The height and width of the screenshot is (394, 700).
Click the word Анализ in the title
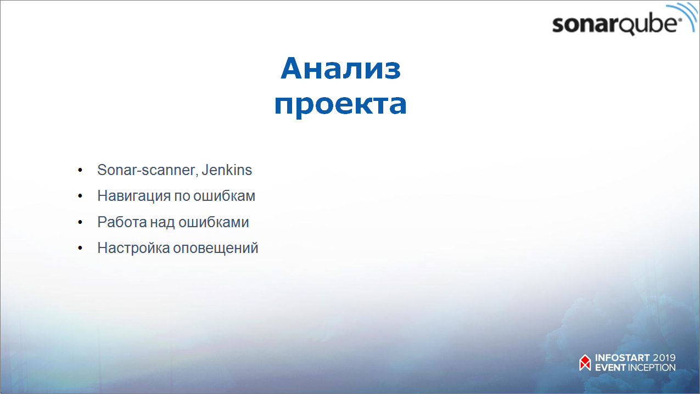[340, 68]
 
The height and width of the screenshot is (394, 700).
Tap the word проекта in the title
[340, 104]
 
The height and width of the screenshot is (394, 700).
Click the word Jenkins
[227, 170]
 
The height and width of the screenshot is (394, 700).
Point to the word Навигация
[134, 196]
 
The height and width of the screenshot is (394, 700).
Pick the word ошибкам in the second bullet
[224, 196]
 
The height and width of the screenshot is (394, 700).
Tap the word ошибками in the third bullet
[214, 222]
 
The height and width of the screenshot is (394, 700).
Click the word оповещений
[216, 248]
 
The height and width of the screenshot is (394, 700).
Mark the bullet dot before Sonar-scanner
[80, 170]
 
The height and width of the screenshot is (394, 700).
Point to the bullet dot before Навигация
[80, 196]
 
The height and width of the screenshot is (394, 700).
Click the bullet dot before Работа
[80, 222]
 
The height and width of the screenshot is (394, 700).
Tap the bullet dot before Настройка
[80, 248]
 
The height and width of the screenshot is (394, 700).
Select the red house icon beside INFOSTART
[585, 363]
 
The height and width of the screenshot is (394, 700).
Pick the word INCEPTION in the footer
[652, 368]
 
